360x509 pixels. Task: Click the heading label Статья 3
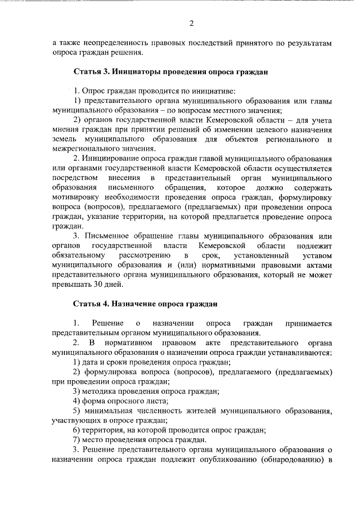tap(91, 72)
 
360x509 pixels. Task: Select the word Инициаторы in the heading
tap(134, 72)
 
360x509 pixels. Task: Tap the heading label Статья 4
tap(91, 304)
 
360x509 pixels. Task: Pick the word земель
tap(63, 139)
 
